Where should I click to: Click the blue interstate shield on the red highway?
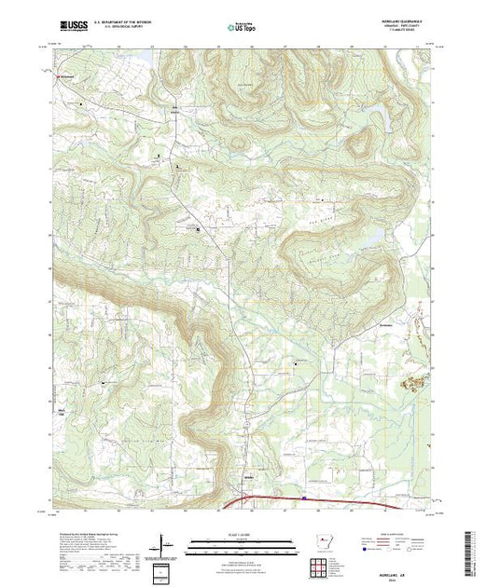pos(304,498)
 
